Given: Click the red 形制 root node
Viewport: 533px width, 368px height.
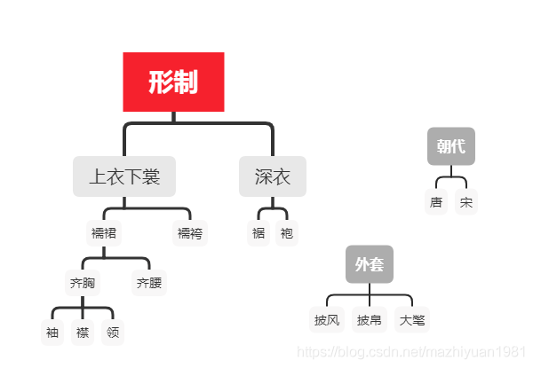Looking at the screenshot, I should click(173, 82).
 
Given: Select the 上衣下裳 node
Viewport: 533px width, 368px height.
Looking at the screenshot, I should click(124, 176).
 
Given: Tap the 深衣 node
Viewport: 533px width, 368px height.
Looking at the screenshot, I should click(273, 176).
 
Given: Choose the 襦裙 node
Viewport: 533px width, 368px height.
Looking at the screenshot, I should click(104, 233).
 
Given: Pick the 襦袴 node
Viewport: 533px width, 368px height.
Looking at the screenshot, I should click(190, 233).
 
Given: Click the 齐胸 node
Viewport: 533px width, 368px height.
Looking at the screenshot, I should click(83, 284).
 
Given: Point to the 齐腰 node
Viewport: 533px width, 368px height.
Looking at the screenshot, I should click(148, 284).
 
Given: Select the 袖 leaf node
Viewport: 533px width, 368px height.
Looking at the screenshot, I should click(52, 333).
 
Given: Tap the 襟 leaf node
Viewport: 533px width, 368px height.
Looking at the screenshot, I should click(83, 333).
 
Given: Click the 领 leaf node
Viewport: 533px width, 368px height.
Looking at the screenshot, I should click(113, 333).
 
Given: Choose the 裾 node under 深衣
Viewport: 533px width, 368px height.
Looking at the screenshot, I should click(259, 233).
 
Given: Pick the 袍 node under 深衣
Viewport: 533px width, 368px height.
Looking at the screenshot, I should click(286, 233).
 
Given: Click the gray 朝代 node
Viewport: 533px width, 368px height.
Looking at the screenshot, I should click(451, 146).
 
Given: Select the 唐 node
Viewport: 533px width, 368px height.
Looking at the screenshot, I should click(436, 202).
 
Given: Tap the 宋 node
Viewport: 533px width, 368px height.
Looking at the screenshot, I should click(466, 202).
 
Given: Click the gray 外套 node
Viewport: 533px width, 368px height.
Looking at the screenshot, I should click(370, 264).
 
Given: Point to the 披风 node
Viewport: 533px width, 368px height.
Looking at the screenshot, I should click(327, 319).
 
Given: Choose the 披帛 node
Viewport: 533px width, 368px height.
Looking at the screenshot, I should click(370, 319).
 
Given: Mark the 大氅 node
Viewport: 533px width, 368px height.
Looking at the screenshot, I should click(412, 319).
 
